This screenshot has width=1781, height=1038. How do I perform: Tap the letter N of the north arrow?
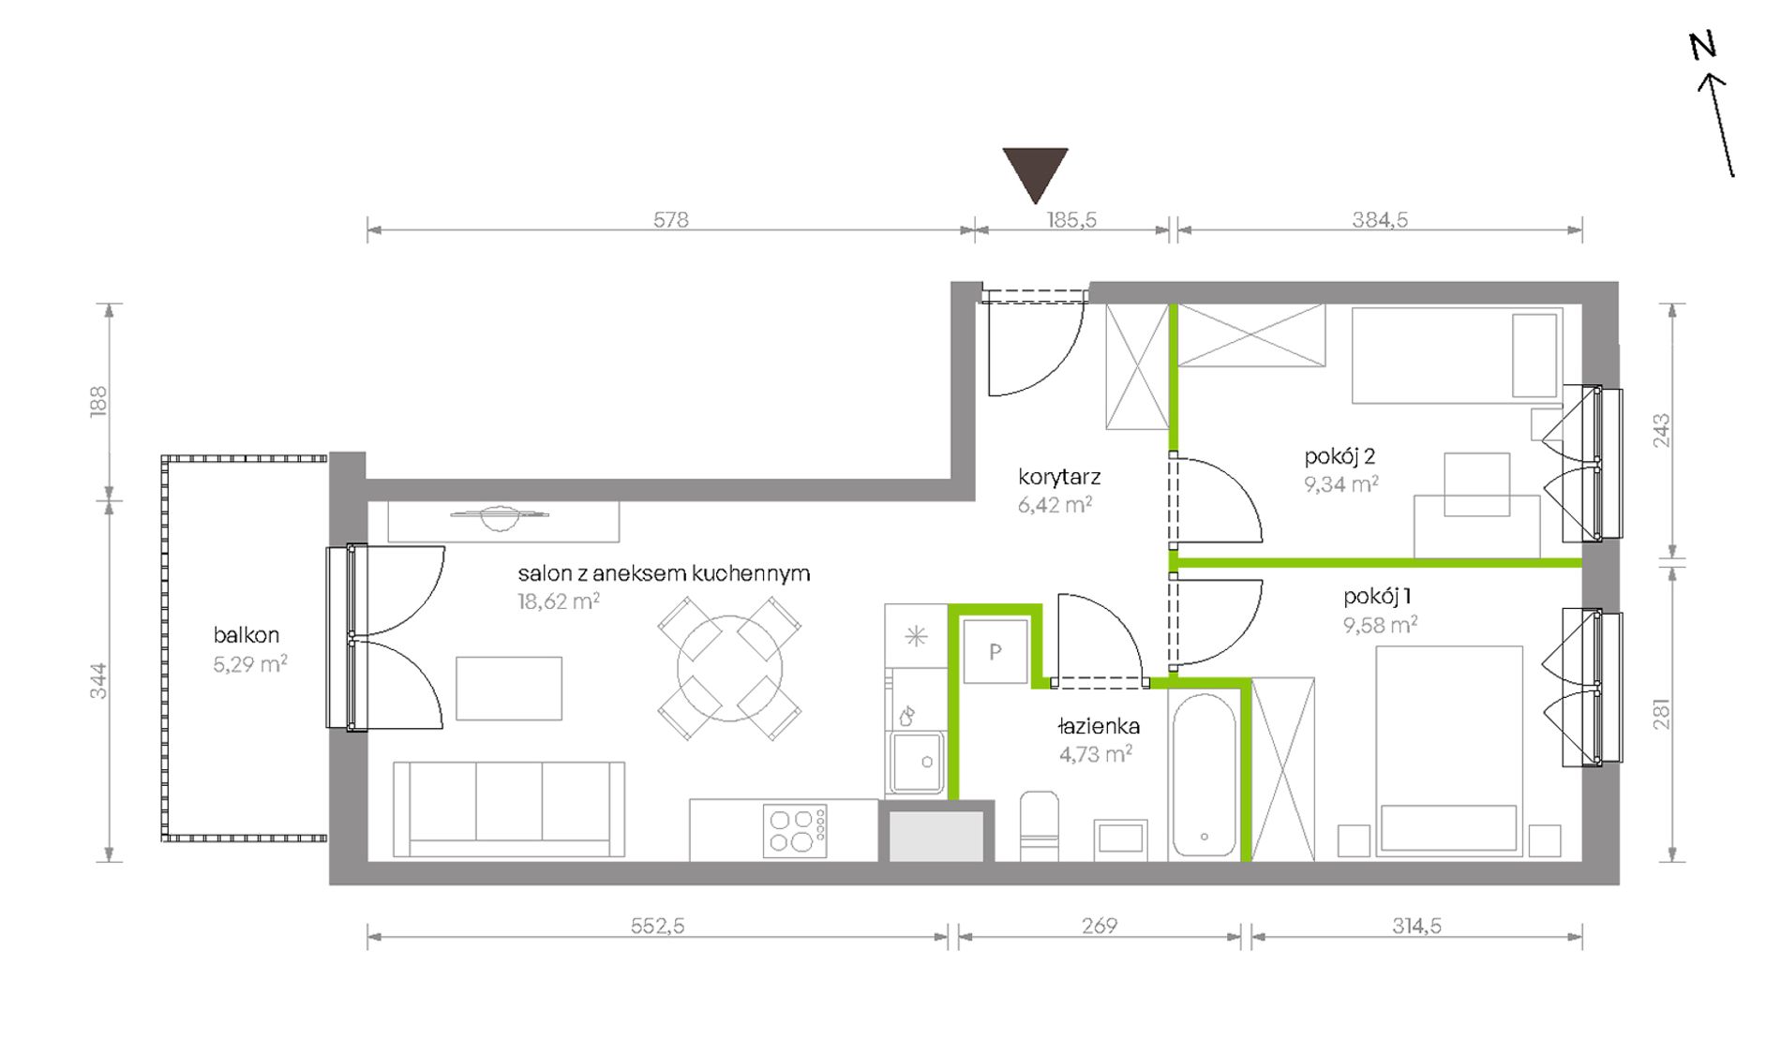coord(1703,45)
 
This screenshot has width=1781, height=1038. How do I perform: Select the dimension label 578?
coord(671,219)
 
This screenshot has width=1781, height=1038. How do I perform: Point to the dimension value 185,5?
coord(1071,219)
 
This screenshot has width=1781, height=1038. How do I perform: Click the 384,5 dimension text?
coord(1380,219)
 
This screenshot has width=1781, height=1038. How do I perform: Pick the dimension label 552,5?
coord(657,926)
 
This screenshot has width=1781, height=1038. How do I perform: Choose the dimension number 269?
coord(1100,926)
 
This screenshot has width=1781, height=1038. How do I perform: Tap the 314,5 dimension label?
coord(1416,926)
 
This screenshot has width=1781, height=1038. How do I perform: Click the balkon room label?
coord(247,635)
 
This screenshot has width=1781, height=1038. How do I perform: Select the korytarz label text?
coord(1059,477)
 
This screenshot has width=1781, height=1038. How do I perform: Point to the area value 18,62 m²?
coord(559,601)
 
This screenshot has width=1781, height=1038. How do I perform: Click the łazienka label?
coord(1098,726)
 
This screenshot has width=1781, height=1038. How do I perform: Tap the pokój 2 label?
coord(1339,456)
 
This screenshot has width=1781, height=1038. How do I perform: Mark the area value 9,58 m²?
coord(1380,624)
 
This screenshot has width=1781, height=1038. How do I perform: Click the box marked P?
coord(995,651)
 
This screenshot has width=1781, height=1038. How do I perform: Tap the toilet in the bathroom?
coord(1039,825)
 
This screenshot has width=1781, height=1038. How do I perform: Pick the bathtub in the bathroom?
coord(1205,775)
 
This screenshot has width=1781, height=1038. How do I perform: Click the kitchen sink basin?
coord(916,762)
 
